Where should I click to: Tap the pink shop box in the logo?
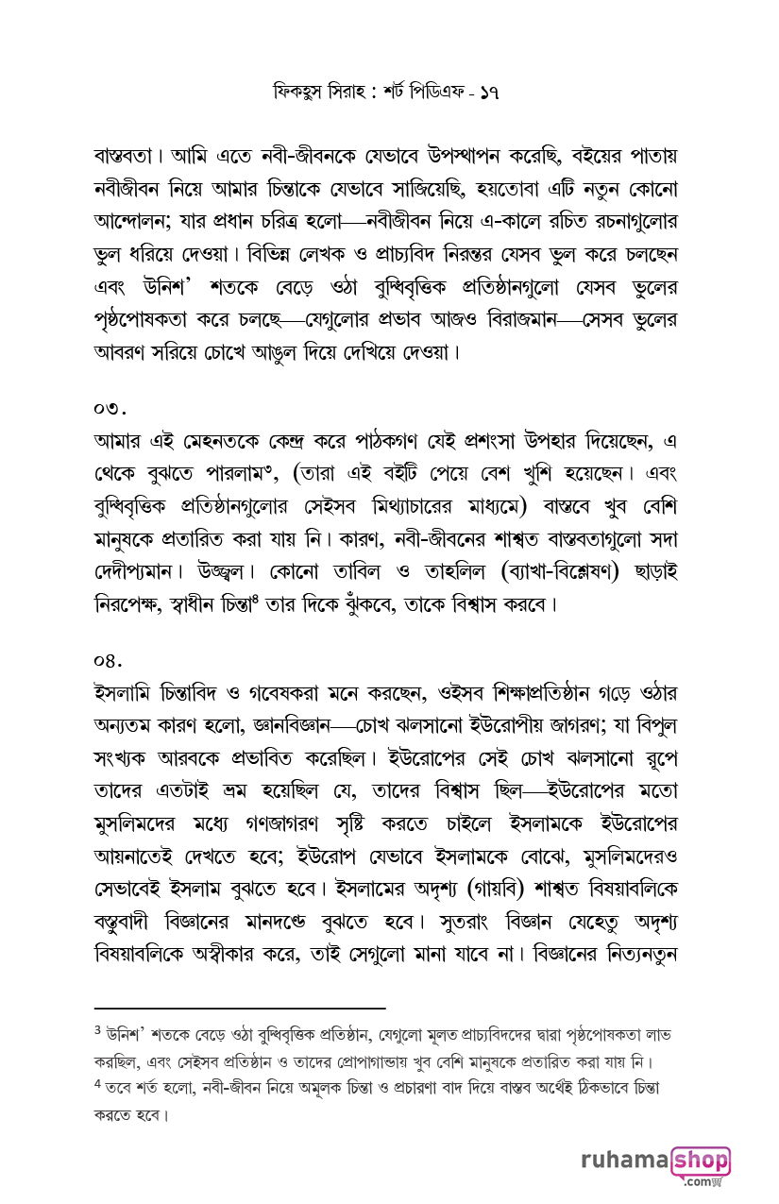coord(701,1161)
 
